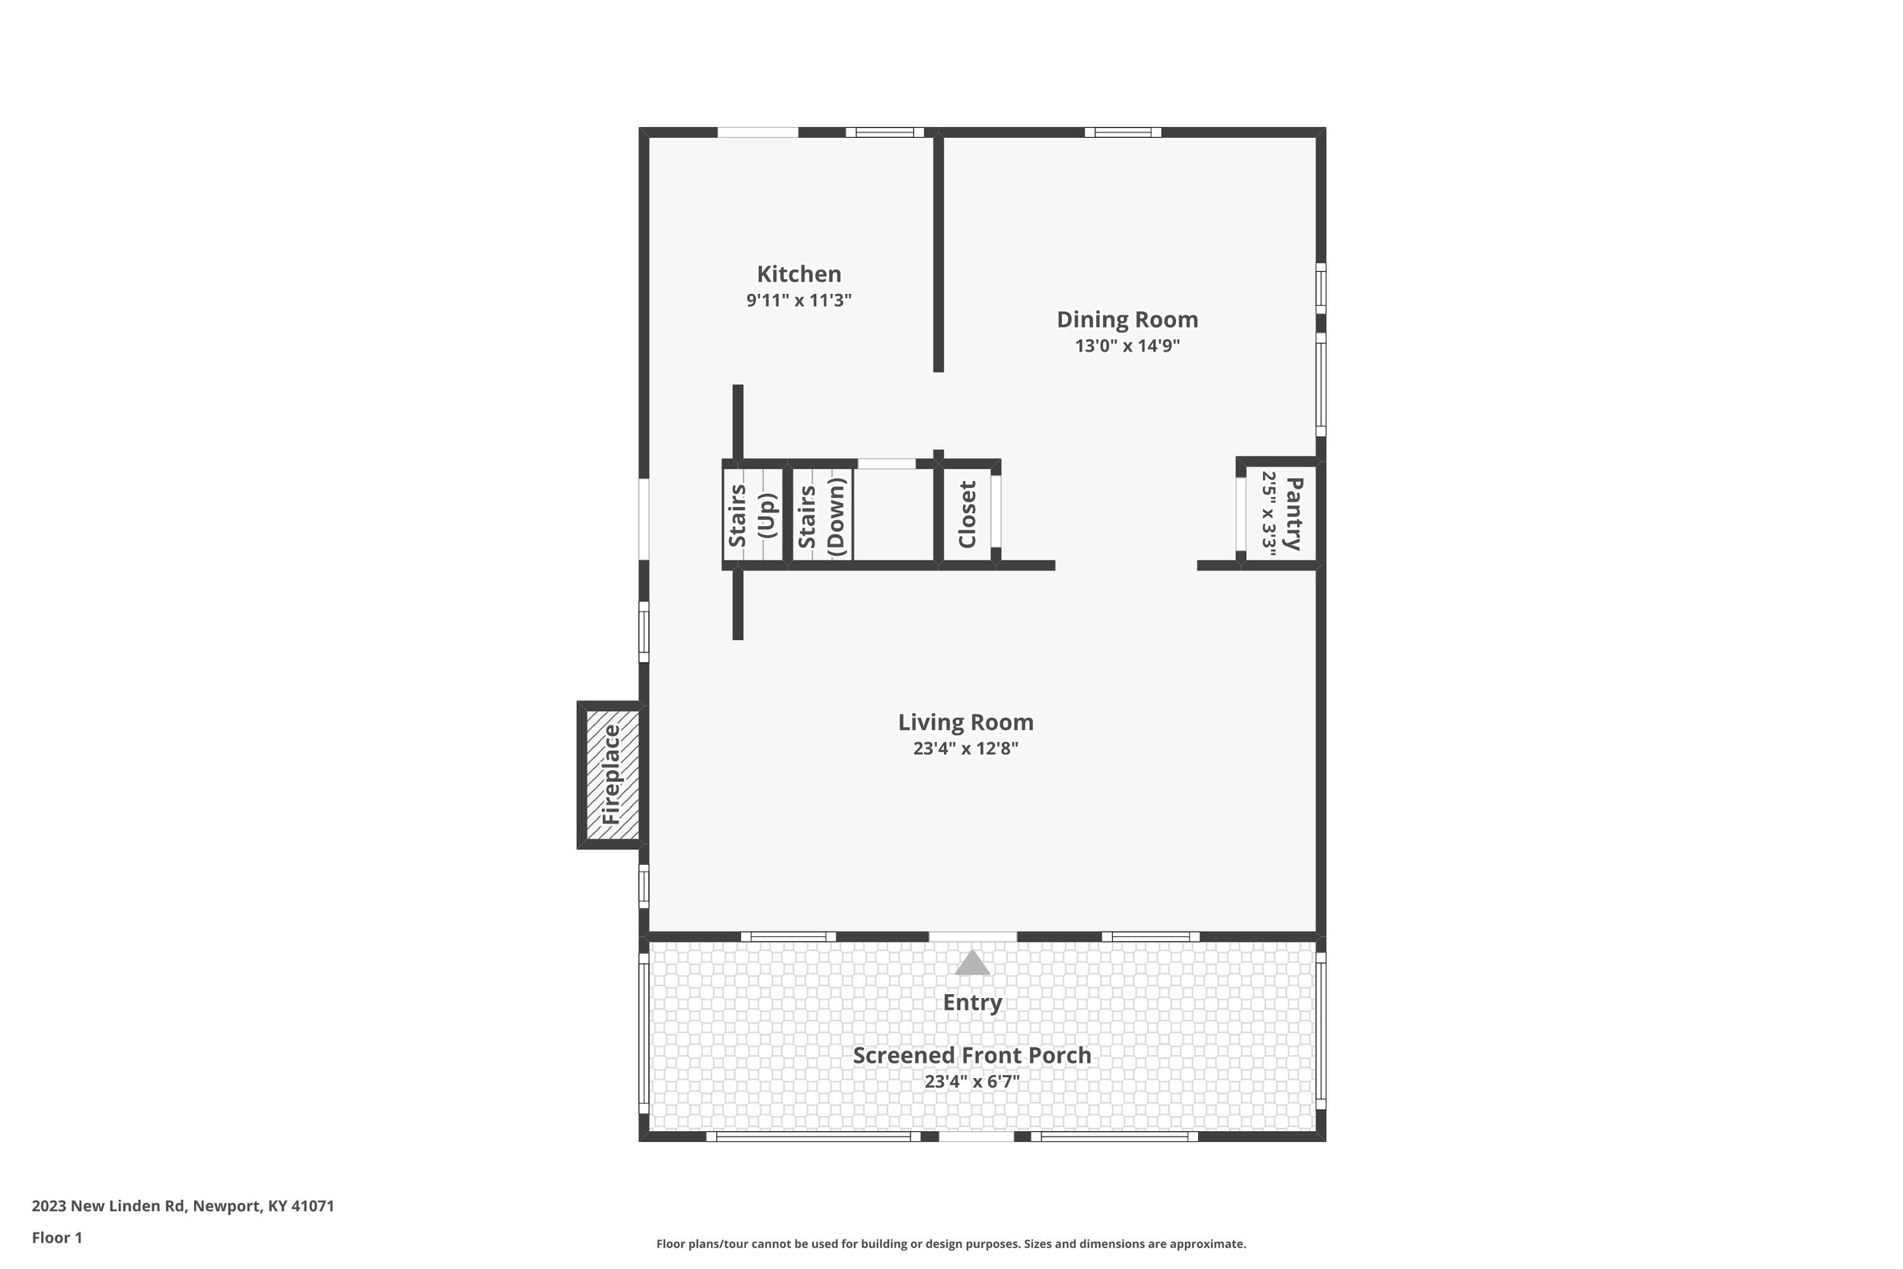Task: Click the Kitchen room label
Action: pos(798,274)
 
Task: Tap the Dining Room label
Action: pos(1127,320)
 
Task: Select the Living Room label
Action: pos(965,722)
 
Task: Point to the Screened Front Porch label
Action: pos(972,1055)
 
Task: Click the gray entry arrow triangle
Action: pos(973,963)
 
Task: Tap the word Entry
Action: pos(973,1003)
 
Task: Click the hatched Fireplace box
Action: pos(612,774)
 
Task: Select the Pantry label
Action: pos(1294,514)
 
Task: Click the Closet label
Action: pos(967,514)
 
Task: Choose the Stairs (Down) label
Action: pos(821,516)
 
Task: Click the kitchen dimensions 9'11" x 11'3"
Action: pos(798,300)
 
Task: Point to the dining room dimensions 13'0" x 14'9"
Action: pos(1127,346)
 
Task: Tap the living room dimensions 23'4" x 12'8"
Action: pos(965,748)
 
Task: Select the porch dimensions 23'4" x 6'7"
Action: pos(972,1081)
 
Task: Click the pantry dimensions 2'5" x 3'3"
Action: pos(1269,514)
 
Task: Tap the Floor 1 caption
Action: pos(56,1238)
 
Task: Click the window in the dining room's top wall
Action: pos(1123,132)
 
